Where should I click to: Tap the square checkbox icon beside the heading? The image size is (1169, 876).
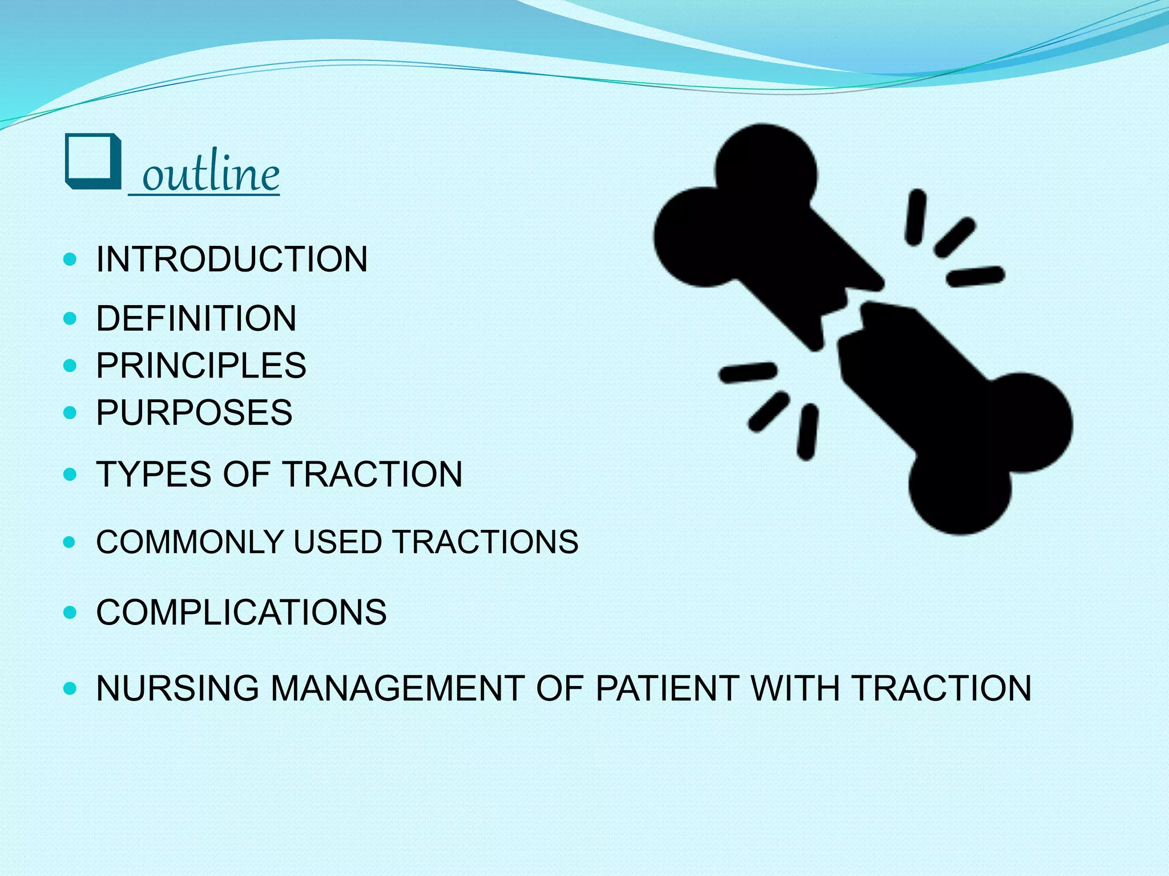(93, 161)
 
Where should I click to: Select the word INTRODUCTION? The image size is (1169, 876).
(232, 259)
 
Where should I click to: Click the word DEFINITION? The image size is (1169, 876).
(196, 318)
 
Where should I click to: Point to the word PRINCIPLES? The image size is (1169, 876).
(201, 365)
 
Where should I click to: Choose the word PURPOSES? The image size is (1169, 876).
(194, 412)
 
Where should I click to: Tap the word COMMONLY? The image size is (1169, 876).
(190, 542)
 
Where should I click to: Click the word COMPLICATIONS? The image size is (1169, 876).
(241, 613)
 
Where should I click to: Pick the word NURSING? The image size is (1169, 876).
(178, 688)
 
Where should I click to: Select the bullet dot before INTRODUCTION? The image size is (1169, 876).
(70, 260)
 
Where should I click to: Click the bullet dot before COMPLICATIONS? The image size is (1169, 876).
(70, 613)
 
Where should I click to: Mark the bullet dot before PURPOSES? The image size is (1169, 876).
(70, 412)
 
